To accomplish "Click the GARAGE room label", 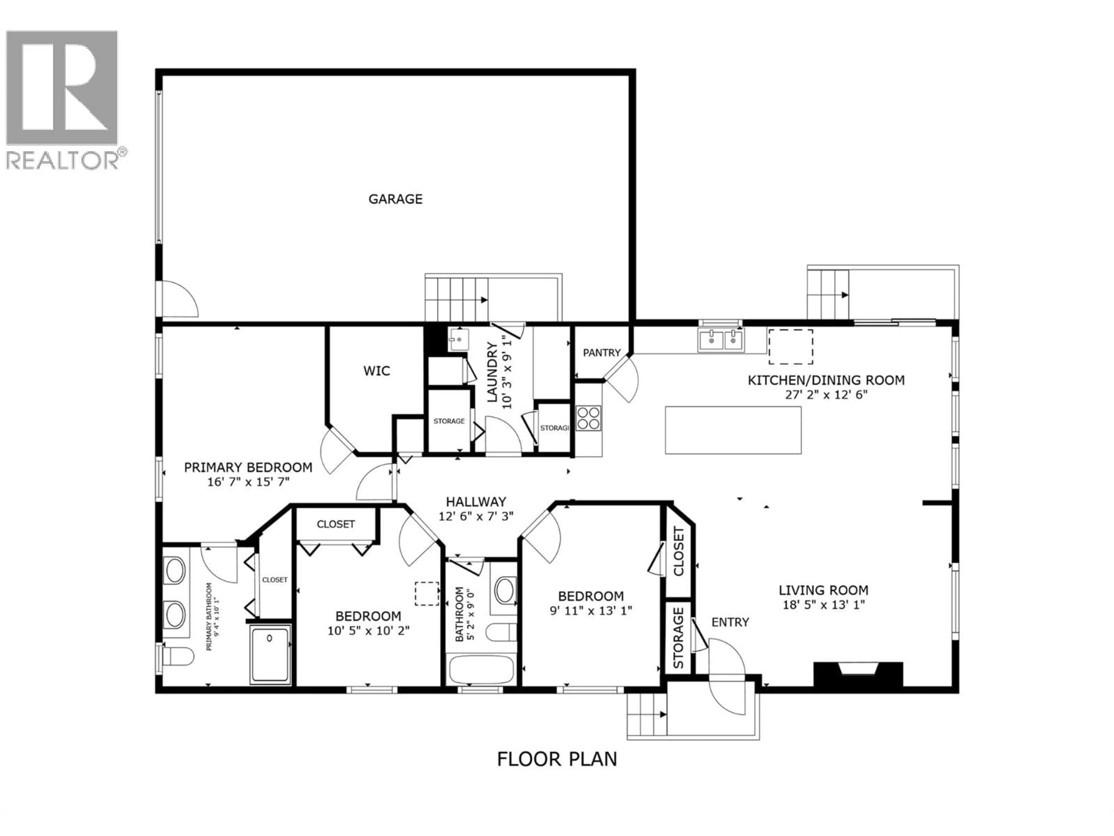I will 395,199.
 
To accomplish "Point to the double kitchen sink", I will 720,340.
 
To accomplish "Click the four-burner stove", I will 588,418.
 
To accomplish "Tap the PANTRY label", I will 602,353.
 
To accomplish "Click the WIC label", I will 377,371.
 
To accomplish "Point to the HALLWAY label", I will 476,502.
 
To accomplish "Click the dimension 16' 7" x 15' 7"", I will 248,482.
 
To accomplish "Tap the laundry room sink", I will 459,340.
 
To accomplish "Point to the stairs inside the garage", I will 456,300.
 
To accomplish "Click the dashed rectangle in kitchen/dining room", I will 790,347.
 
